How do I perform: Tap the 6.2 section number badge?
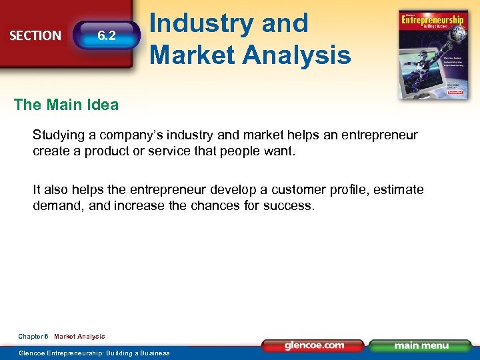pos(107,35)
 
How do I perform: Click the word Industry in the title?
pos(201,23)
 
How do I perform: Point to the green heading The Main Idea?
pos(66,105)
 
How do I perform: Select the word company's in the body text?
pos(133,135)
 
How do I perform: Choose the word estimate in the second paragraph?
pos(399,189)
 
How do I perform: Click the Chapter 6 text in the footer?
pos(33,336)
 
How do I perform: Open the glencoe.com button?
pos(314,345)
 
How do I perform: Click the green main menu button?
pos(420,345)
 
